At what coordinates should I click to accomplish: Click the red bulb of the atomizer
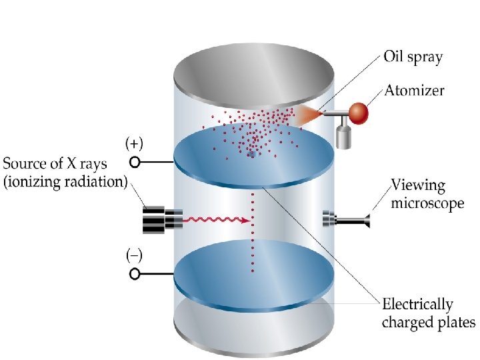pyautogui.click(x=359, y=112)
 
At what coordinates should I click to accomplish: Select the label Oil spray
pyautogui.click(x=413, y=57)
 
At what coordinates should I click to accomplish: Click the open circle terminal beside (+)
pyautogui.click(x=135, y=161)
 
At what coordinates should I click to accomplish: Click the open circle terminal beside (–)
pyautogui.click(x=135, y=273)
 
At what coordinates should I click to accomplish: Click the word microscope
pyautogui.click(x=427, y=203)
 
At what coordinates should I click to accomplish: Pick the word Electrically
pyautogui.click(x=417, y=305)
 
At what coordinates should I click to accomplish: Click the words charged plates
pyautogui.click(x=429, y=323)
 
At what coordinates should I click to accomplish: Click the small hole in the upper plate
pyautogui.click(x=251, y=154)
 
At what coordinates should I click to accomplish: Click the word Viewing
pyautogui.click(x=418, y=185)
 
